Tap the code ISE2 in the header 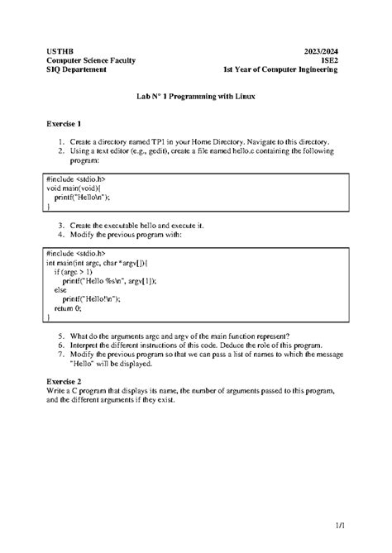(329, 60)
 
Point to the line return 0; (68, 307)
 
